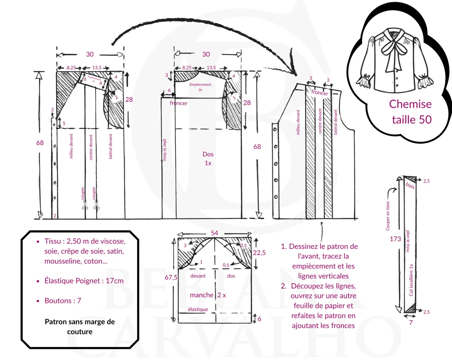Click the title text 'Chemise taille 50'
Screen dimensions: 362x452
410,112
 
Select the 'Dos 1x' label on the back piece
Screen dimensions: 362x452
208,158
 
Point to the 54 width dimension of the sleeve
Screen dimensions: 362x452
214,233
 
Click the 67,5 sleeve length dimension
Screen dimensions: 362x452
171,277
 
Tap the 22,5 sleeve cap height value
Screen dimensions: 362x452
259,253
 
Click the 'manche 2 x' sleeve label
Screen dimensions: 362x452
208,295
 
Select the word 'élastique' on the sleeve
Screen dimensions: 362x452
198,309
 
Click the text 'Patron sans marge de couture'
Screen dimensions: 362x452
79,327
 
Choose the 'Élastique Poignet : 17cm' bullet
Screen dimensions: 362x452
84,281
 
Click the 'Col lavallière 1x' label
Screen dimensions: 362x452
411,280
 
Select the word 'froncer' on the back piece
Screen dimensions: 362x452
179,103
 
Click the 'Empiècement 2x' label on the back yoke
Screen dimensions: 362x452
200,87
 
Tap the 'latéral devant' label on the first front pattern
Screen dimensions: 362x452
110,146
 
